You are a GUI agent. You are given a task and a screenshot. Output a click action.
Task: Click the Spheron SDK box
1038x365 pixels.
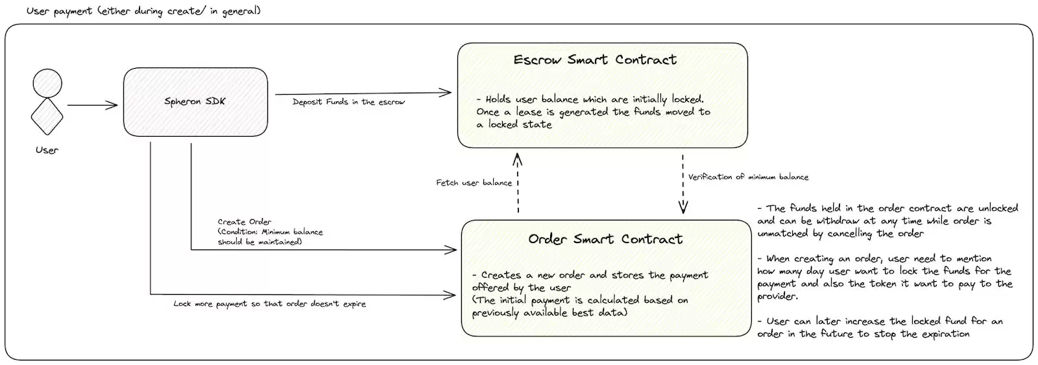(x=195, y=102)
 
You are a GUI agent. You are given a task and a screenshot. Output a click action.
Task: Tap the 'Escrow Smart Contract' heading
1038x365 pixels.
(x=595, y=60)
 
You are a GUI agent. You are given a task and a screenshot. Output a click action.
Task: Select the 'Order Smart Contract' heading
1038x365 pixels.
(x=605, y=239)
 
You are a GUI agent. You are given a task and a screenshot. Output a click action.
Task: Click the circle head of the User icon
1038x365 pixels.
(x=47, y=84)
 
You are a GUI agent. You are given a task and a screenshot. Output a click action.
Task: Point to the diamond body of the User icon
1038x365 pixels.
(x=47, y=116)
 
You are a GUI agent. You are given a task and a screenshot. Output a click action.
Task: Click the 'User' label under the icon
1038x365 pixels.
(x=47, y=150)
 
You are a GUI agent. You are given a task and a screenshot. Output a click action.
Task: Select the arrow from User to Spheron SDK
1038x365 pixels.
(x=93, y=105)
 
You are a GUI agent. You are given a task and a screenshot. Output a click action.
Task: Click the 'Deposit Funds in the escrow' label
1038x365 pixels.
(x=348, y=102)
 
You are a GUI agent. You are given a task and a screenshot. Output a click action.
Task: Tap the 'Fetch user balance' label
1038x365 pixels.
(x=474, y=183)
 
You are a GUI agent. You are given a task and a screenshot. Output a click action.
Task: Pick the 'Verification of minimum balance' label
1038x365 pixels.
(x=749, y=176)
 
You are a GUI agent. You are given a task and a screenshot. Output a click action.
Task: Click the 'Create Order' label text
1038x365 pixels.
(x=244, y=222)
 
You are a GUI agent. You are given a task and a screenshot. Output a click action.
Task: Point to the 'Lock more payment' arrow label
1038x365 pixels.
(x=270, y=304)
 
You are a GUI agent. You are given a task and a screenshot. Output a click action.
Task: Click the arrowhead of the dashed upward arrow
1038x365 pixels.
(x=517, y=159)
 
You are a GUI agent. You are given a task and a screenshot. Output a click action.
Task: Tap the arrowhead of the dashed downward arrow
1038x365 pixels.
(x=683, y=207)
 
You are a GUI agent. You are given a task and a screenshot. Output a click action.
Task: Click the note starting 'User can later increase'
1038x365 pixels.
(x=880, y=327)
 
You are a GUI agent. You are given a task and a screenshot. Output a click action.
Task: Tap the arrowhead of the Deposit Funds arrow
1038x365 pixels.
(x=446, y=93)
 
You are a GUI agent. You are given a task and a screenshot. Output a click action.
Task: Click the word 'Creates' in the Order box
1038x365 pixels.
(x=501, y=275)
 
